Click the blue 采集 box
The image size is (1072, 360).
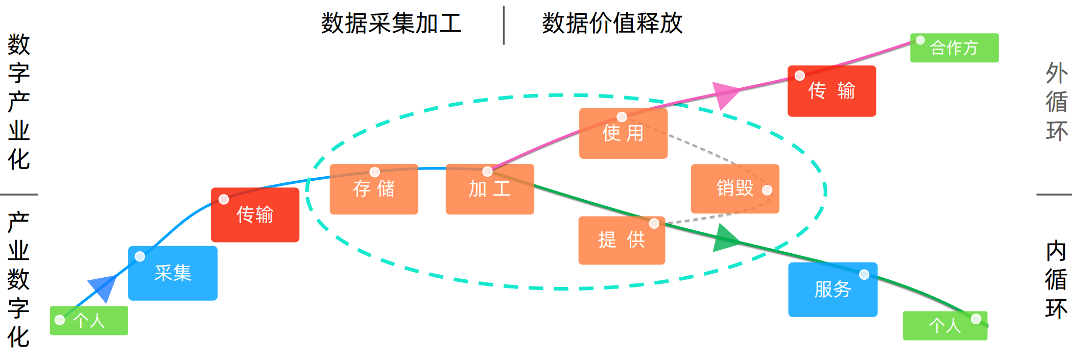pyautogui.click(x=173, y=273)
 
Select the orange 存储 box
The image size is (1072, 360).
pyautogui.click(x=374, y=189)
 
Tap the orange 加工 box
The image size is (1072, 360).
pyautogui.click(x=490, y=189)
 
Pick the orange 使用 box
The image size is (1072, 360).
pyautogui.click(x=623, y=133)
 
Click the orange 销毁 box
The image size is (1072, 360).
pyautogui.click(x=735, y=188)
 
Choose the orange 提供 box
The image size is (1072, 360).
pyautogui.click(x=622, y=240)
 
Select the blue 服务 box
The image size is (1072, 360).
pyautogui.click(x=832, y=290)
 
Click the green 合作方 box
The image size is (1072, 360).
pyautogui.click(x=954, y=48)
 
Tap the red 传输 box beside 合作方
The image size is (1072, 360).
pyautogui.click(x=831, y=91)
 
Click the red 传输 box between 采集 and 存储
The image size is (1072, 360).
pyautogui.click(x=255, y=214)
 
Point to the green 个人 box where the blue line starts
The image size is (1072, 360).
pyautogui.click(x=89, y=321)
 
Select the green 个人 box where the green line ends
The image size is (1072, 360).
pyautogui.click(x=945, y=326)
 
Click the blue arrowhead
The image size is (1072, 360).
pyautogui.click(x=104, y=287)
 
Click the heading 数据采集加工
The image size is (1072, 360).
pyautogui.click(x=391, y=23)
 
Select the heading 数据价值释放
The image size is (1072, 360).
pyautogui.click(x=612, y=23)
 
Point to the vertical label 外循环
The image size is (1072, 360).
pyautogui.click(x=1056, y=102)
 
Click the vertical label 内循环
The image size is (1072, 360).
pyautogui.click(x=1056, y=280)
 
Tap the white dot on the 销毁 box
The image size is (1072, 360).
pyautogui.click(x=767, y=190)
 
